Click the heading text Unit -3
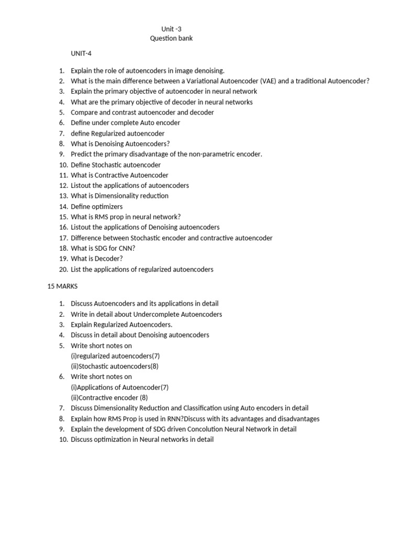pos(172,29)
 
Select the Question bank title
pos(172,39)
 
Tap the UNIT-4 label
pos(82,54)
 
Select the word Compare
pos(85,113)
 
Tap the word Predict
pos(82,154)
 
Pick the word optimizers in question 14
pos(107,207)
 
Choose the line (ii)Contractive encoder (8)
pos(109,398)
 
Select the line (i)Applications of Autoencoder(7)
pos(119,387)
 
